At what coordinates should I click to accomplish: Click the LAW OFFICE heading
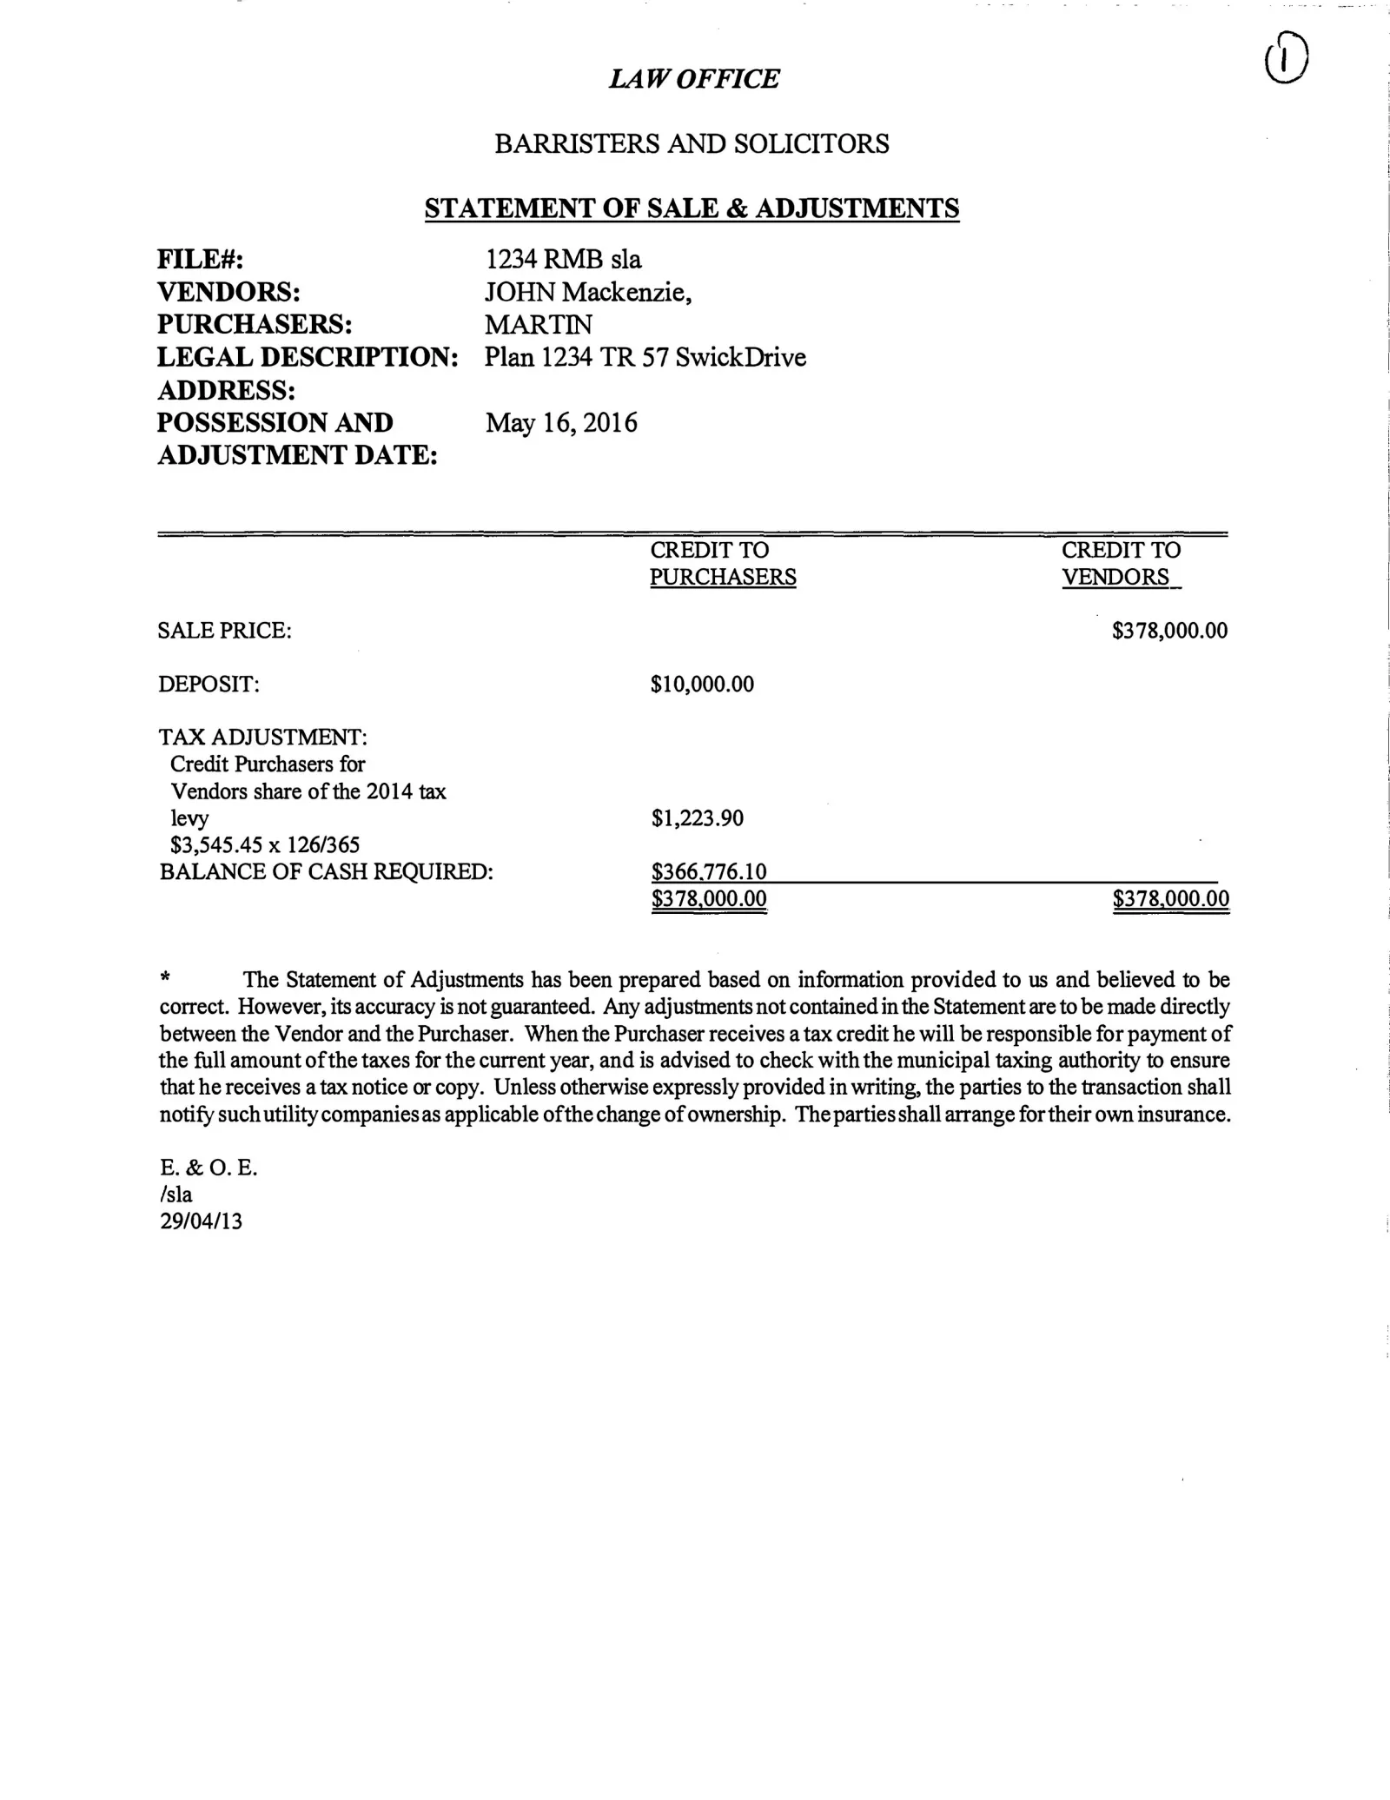click(x=693, y=79)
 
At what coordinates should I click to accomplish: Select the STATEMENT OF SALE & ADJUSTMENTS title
click(x=692, y=208)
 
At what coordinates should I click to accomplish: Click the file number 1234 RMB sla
click(x=563, y=259)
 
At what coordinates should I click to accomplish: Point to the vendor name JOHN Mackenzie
click(x=588, y=292)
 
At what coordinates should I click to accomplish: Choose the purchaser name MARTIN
click(x=539, y=325)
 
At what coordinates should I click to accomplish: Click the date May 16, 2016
click(x=561, y=423)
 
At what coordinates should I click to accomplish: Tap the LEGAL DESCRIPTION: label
click(x=308, y=357)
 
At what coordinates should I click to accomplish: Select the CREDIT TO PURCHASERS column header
click(x=722, y=564)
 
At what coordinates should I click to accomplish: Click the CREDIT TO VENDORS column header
click(x=1120, y=564)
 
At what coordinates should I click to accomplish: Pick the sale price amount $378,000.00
click(x=1169, y=631)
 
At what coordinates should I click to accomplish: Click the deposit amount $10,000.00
click(x=702, y=685)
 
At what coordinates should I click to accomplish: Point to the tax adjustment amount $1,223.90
click(x=697, y=818)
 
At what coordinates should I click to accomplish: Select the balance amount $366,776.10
click(x=709, y=871)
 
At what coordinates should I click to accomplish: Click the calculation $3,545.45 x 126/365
click(x=265, y=844)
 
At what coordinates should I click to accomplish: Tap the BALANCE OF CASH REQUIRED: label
click(x=327, y=871)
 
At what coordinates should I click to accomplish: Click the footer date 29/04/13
click(x=201, y=1221)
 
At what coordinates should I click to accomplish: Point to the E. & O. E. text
click(x=208, y=1168)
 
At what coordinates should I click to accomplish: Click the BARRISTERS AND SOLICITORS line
click(x=692, y=144)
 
